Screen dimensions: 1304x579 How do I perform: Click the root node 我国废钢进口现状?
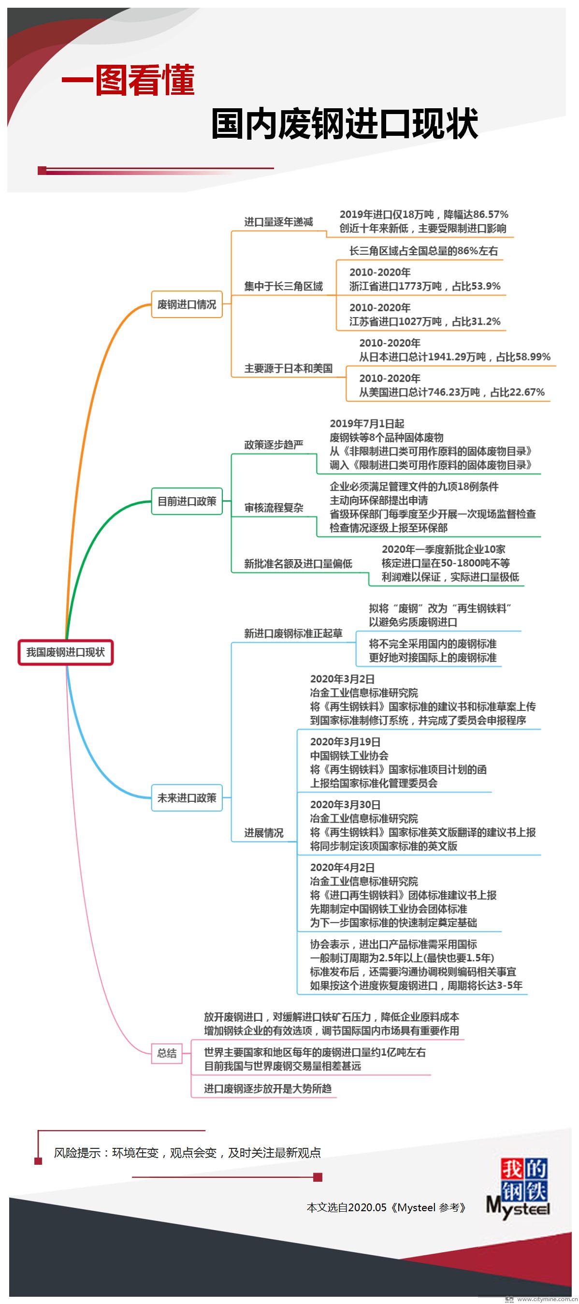click(x=65, y=652)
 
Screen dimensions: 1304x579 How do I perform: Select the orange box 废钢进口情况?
click(x=187, y=304)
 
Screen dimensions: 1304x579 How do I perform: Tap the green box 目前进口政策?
click(x=187, y=501)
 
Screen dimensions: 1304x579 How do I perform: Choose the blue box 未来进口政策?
click(x=187, y=798)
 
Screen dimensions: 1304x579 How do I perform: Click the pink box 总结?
click(x=167, y=1054)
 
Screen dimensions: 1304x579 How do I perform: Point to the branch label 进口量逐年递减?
click(x=278, y=222)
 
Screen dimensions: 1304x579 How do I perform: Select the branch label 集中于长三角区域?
click(x=283, y=287)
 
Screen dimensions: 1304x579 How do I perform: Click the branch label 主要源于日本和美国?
click(x=289, y=368)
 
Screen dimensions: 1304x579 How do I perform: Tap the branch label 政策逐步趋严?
click(x=274, y=445)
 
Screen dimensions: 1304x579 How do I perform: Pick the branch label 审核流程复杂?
click(x=274, y=508)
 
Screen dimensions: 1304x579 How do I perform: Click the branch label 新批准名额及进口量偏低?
click(x=298, y=564)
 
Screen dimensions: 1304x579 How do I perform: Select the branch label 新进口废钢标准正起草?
click(x=293, y=633)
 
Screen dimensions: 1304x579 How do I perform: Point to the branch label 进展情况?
click(x=264, y=833)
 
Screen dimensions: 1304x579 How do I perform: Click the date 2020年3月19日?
click(x=345, y=742)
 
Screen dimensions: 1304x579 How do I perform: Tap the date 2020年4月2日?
click(x=342, y=868)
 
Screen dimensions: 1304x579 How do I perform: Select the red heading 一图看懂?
click(x=128, y=80)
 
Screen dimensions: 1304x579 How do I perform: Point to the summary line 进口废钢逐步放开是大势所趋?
click(x=268, y=1088)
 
